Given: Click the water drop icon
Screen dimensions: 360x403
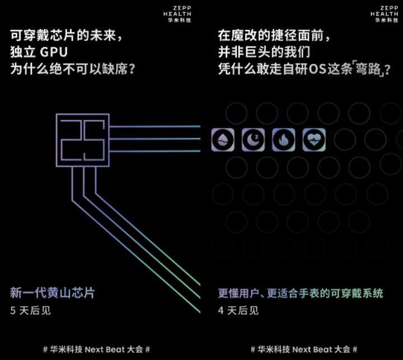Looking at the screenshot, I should [x=223, y=139].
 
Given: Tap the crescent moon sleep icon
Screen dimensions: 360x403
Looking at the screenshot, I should [x=253, y=139].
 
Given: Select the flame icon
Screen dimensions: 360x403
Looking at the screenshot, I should [x=283, y=139].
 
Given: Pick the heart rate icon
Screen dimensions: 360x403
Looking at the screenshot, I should [x=314, y=139].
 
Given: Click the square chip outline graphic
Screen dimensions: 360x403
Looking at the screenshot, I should [x=82, y=140].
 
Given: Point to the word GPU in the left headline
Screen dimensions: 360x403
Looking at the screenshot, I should [x=53, y=53].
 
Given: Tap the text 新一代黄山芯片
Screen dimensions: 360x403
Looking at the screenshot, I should [x=52, y=293].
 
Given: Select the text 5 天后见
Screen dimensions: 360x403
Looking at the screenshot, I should [x=30, y=310].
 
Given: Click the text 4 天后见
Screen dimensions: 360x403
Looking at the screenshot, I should [x=238, y=310].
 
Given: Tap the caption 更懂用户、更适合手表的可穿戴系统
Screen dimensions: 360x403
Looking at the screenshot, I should [x=301, y=293].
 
